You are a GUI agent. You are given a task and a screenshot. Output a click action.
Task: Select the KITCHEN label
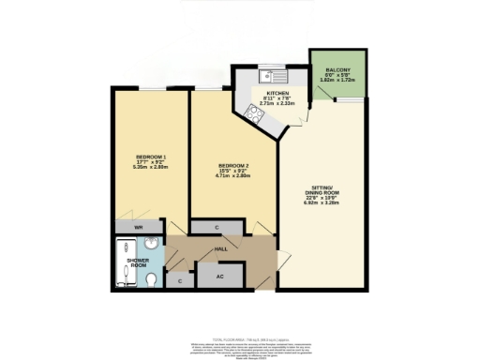(x=276, y=94)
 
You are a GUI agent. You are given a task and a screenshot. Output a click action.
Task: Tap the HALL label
(x=221, y=250)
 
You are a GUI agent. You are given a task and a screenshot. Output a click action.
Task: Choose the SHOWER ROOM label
(x=139, y=262)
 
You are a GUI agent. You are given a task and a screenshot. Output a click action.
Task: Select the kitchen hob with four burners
(x=254, y=114)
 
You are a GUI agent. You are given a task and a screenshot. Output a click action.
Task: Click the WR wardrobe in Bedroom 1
(x=137, y=227)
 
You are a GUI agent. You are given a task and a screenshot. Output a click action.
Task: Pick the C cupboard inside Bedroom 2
(x=217, y=227)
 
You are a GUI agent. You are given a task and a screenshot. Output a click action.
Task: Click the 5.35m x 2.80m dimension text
(x=151, y=167)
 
